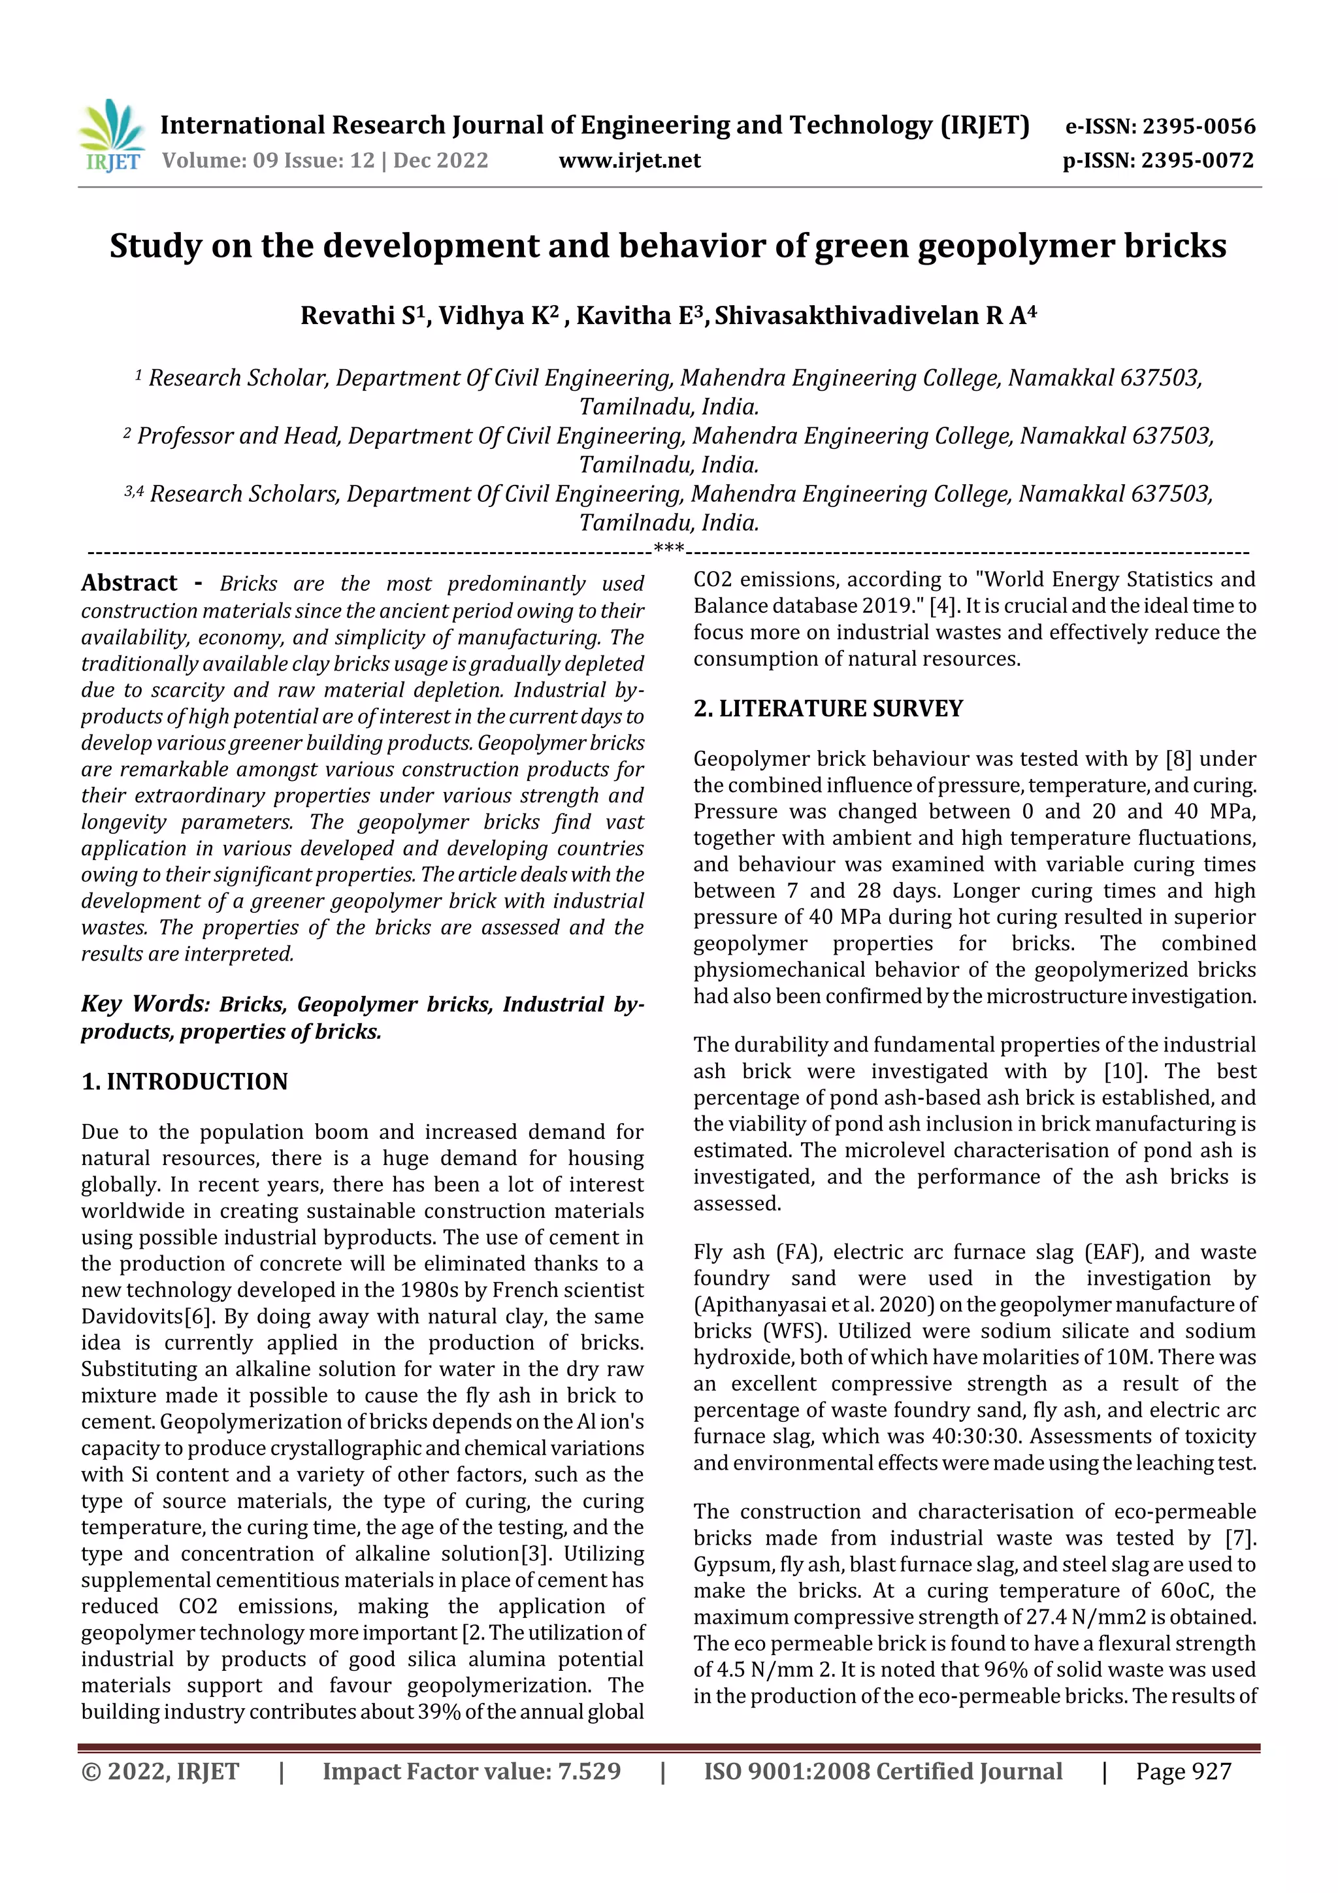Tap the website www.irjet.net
[x=629, y=160]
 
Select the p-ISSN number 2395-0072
[x=1197, y=160]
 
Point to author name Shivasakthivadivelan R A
[x=874, y=315]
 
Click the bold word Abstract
[x=129, y=583]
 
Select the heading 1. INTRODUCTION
[x=185, y=1081]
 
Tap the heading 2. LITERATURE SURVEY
[x=828, y=708]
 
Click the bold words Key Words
[x=145, y=1004]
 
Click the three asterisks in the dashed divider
[x=668, y=548]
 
